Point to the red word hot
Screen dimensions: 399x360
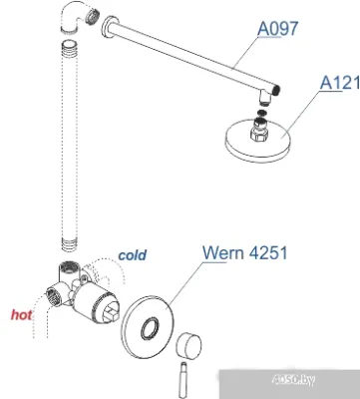coord(21,315)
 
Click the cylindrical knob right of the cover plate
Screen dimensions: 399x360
coord(189,350)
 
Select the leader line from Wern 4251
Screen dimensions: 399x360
coord(184,285)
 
